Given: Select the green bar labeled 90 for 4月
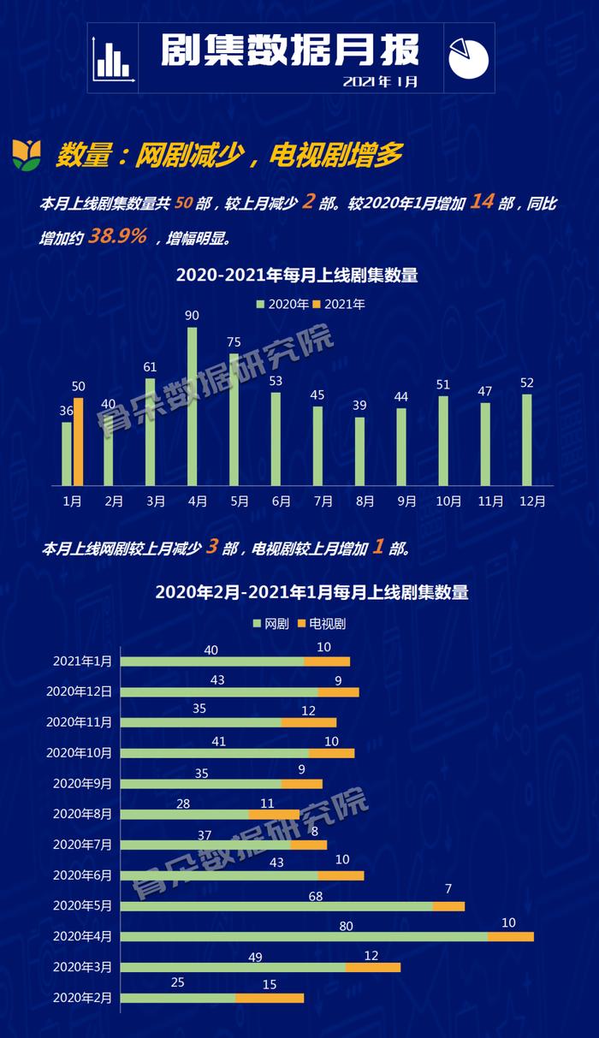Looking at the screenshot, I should click(x=192, y=406).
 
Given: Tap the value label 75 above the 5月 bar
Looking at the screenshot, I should click(x=234, y=342).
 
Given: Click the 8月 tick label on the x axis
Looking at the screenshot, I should click(x=365, y=501).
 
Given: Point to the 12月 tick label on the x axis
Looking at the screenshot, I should click(x=532, y=501).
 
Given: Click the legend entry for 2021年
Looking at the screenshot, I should click(x=339, y=305).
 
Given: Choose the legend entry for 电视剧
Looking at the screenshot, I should click(x=322, y=624).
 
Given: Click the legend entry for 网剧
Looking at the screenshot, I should click(x=271, y=624).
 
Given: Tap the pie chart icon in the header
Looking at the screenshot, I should click(x=468, y=57).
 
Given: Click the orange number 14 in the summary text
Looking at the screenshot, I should click(x=483, y=203).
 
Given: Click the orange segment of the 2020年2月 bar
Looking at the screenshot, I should click(x=270, y=998).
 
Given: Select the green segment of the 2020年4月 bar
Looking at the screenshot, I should click(x=304, y=936).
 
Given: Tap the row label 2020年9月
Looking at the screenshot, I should click(x=82, y=783).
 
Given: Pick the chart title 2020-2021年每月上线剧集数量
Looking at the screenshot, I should click(x=297, y=276).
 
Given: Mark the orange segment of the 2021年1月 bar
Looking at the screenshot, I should click(x=327, y=661).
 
